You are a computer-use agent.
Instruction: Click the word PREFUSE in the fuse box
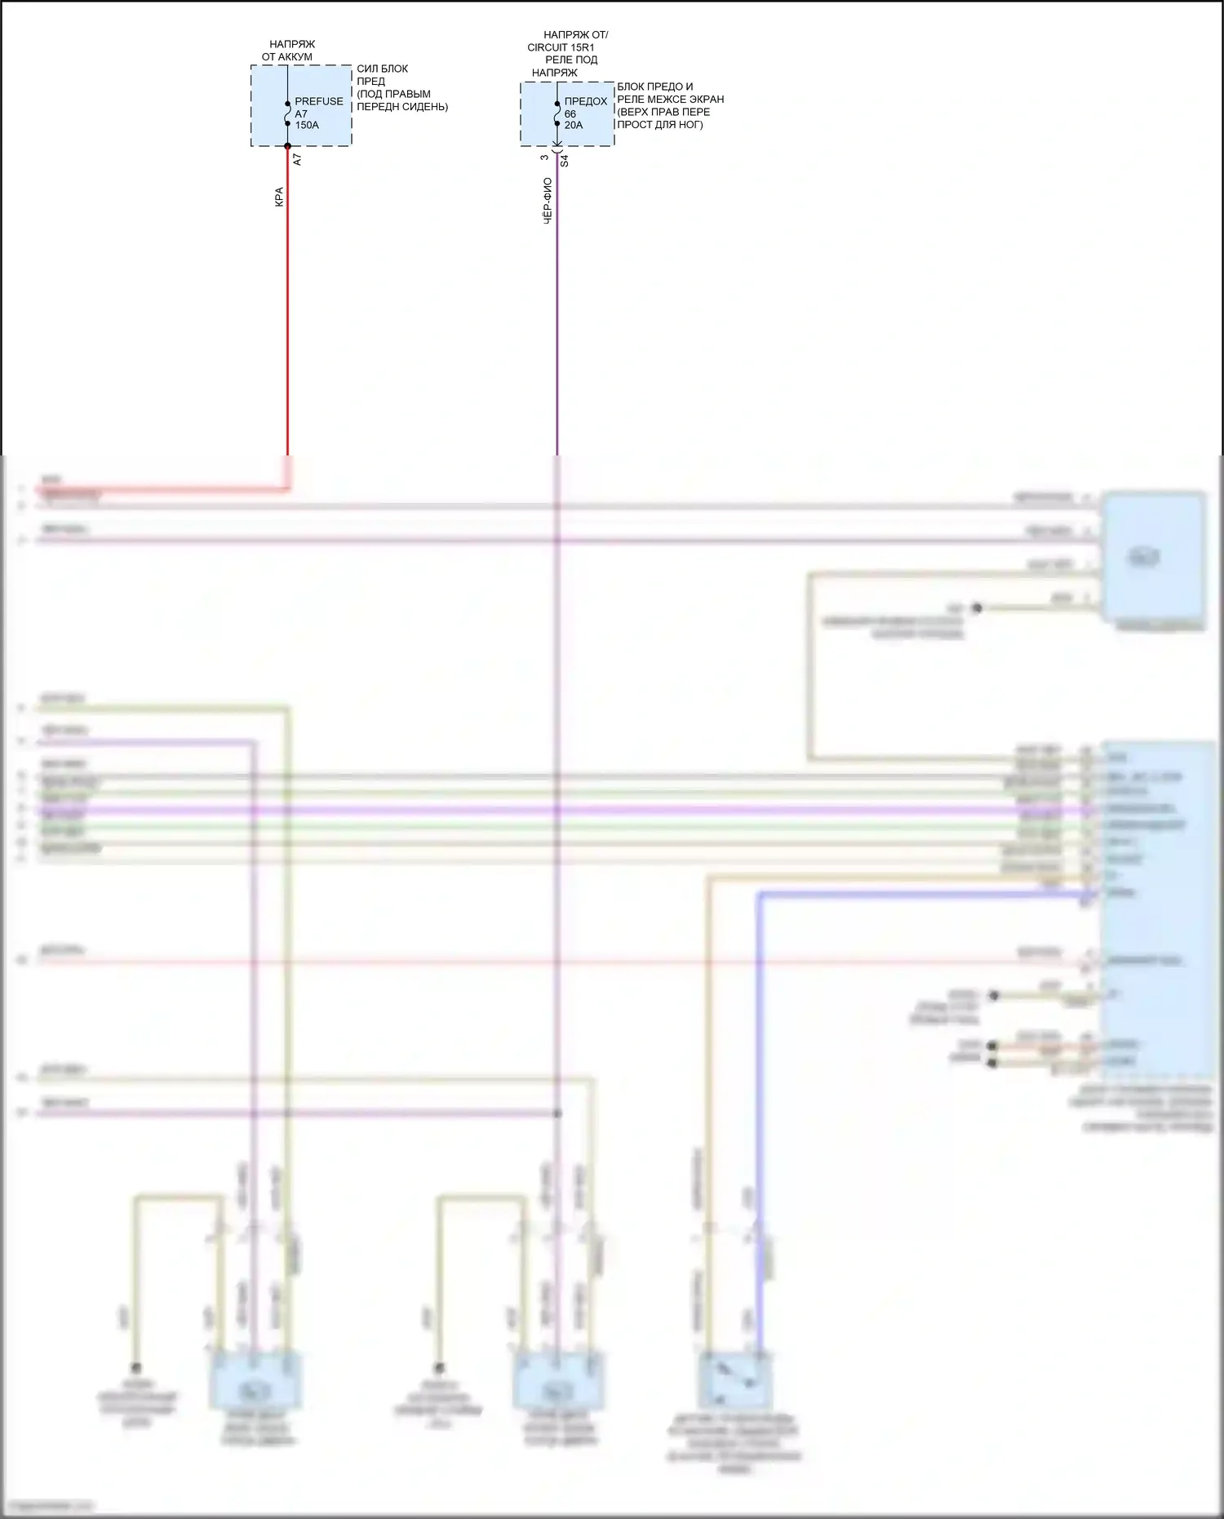pos(319,101)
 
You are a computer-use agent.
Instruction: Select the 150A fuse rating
pos(307,125)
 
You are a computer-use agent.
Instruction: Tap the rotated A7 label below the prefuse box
pos(297,160)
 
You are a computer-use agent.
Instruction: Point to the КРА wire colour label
pos(279,197)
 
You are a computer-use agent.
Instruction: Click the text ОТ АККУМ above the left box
pos(287,57)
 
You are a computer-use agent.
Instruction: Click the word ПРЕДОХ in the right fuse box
pos(586,101)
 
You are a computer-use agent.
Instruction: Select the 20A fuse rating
pos(574,125)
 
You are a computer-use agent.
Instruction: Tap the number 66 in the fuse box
pos(570,113)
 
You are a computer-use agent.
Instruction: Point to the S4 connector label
pos(564,162)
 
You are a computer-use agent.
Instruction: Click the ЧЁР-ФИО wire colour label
pos(548,201)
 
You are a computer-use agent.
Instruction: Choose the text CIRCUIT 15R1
pos(561,47)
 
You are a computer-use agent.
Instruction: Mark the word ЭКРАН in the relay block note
pos(707,99)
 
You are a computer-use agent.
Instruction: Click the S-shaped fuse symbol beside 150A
pos(287,114)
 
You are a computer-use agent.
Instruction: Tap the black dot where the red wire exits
pos(287,147)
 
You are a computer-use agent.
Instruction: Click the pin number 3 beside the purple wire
pos(545,158)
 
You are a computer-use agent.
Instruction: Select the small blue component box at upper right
pos(1152,557)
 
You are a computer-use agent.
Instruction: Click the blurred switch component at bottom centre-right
pos(735,1379)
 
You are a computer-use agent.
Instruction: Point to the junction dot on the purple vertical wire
pos(557,1113)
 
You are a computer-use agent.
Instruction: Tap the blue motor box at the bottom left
pos(256,1380)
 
